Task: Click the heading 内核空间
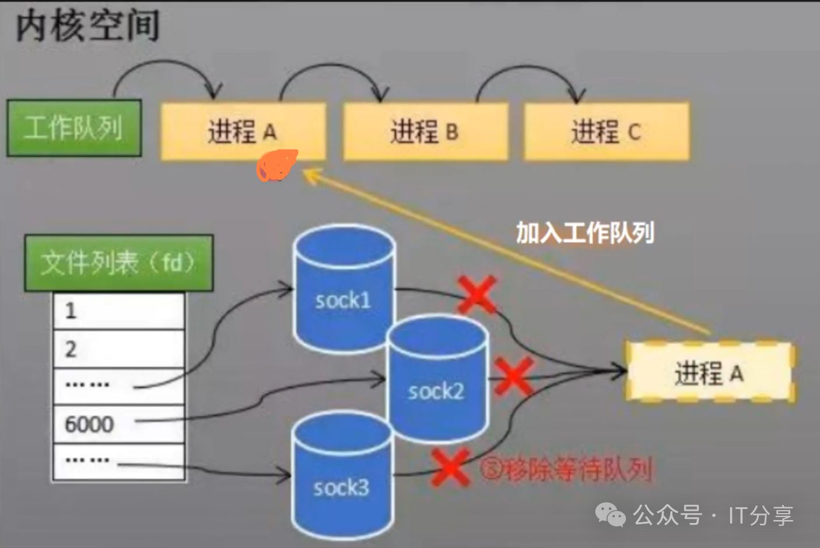tap(87, 26)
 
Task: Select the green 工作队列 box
tap(74, 128)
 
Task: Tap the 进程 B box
tap(425, 132)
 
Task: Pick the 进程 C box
tap(607, 132)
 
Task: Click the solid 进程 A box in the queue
tap(243, 132)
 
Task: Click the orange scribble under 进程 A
tap(276, 165)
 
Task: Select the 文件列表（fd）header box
tap(118, 263)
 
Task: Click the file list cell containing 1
tap(119, 311)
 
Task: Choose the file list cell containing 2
tap(119, 349)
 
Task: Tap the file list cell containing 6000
tap(119, 424)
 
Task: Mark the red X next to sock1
tap(477, 294)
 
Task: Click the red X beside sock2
tap(514, 376)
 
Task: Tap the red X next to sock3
tap(450, 467)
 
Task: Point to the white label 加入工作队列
tap(585, 233)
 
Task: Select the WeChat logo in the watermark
tap(610, 515)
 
